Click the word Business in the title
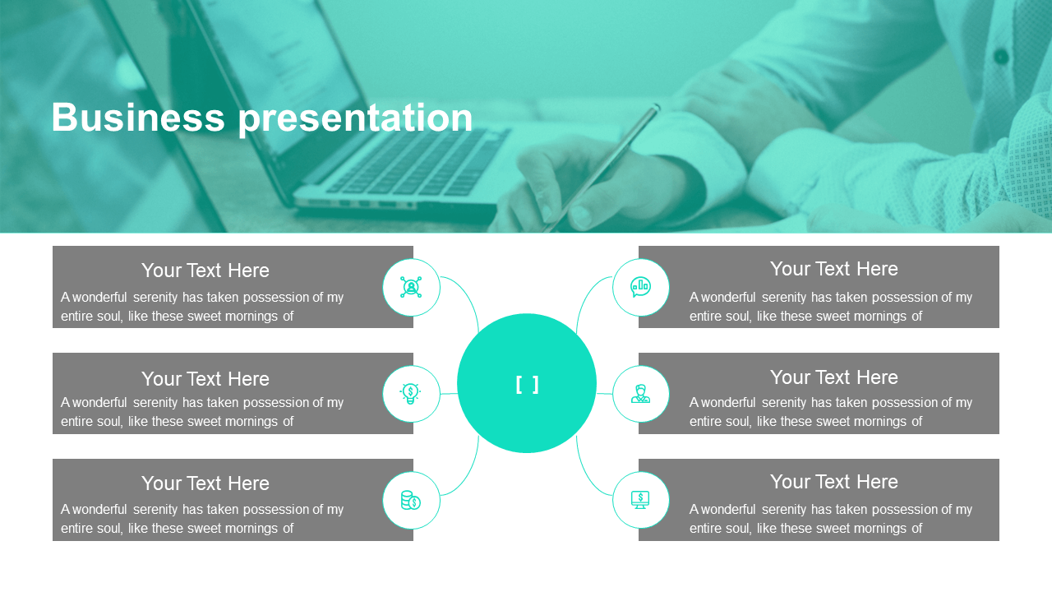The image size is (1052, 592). pos(138,117)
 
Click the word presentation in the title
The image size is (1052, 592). pos(356,119)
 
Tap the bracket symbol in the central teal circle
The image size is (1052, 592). pos(527,384)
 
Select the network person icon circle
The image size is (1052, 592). pos(411,287)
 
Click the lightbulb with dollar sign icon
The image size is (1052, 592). pos(410,393)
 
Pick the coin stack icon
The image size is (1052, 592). pos(410,501)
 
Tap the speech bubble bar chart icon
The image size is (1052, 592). pos(640,287)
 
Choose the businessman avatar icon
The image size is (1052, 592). pos(640,394)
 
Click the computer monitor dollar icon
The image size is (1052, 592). pos(640,500)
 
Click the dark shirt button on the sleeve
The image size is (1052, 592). pos(1001,57)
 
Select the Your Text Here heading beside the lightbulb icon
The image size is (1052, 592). pos(205,379)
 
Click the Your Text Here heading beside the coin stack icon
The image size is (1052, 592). pos(205,483)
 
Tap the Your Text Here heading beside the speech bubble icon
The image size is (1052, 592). pos(833,269)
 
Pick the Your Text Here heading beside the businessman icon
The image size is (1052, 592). pos(833,377)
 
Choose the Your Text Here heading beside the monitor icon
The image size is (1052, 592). pos(833,482)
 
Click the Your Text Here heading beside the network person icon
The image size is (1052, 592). pos(205,271)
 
